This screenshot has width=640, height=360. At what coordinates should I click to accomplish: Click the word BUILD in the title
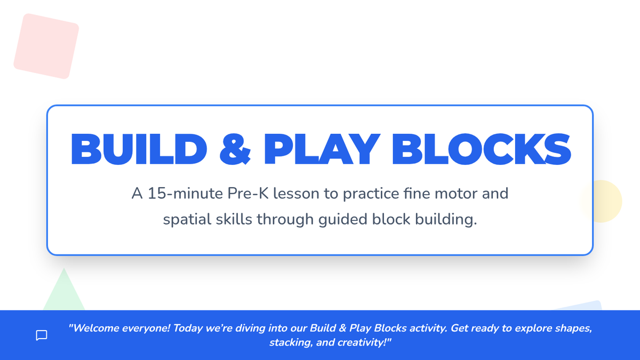click(139, 149)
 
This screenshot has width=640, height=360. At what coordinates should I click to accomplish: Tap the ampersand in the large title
click(235, 149)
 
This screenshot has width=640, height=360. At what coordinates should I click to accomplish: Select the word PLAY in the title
click(322, 149)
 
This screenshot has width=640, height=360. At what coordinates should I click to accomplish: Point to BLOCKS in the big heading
click(482, 149)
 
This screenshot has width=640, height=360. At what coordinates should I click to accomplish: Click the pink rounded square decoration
click(46, 46)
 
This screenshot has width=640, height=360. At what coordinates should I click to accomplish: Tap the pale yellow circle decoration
click(603, 201)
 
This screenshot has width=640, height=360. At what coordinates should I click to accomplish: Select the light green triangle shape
click(64, 289)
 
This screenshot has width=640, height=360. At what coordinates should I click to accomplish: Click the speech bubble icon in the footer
click(42, 335)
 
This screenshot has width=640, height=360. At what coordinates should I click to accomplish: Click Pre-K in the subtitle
click(248, 194)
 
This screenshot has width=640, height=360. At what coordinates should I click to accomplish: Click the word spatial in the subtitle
click(187, 220)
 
